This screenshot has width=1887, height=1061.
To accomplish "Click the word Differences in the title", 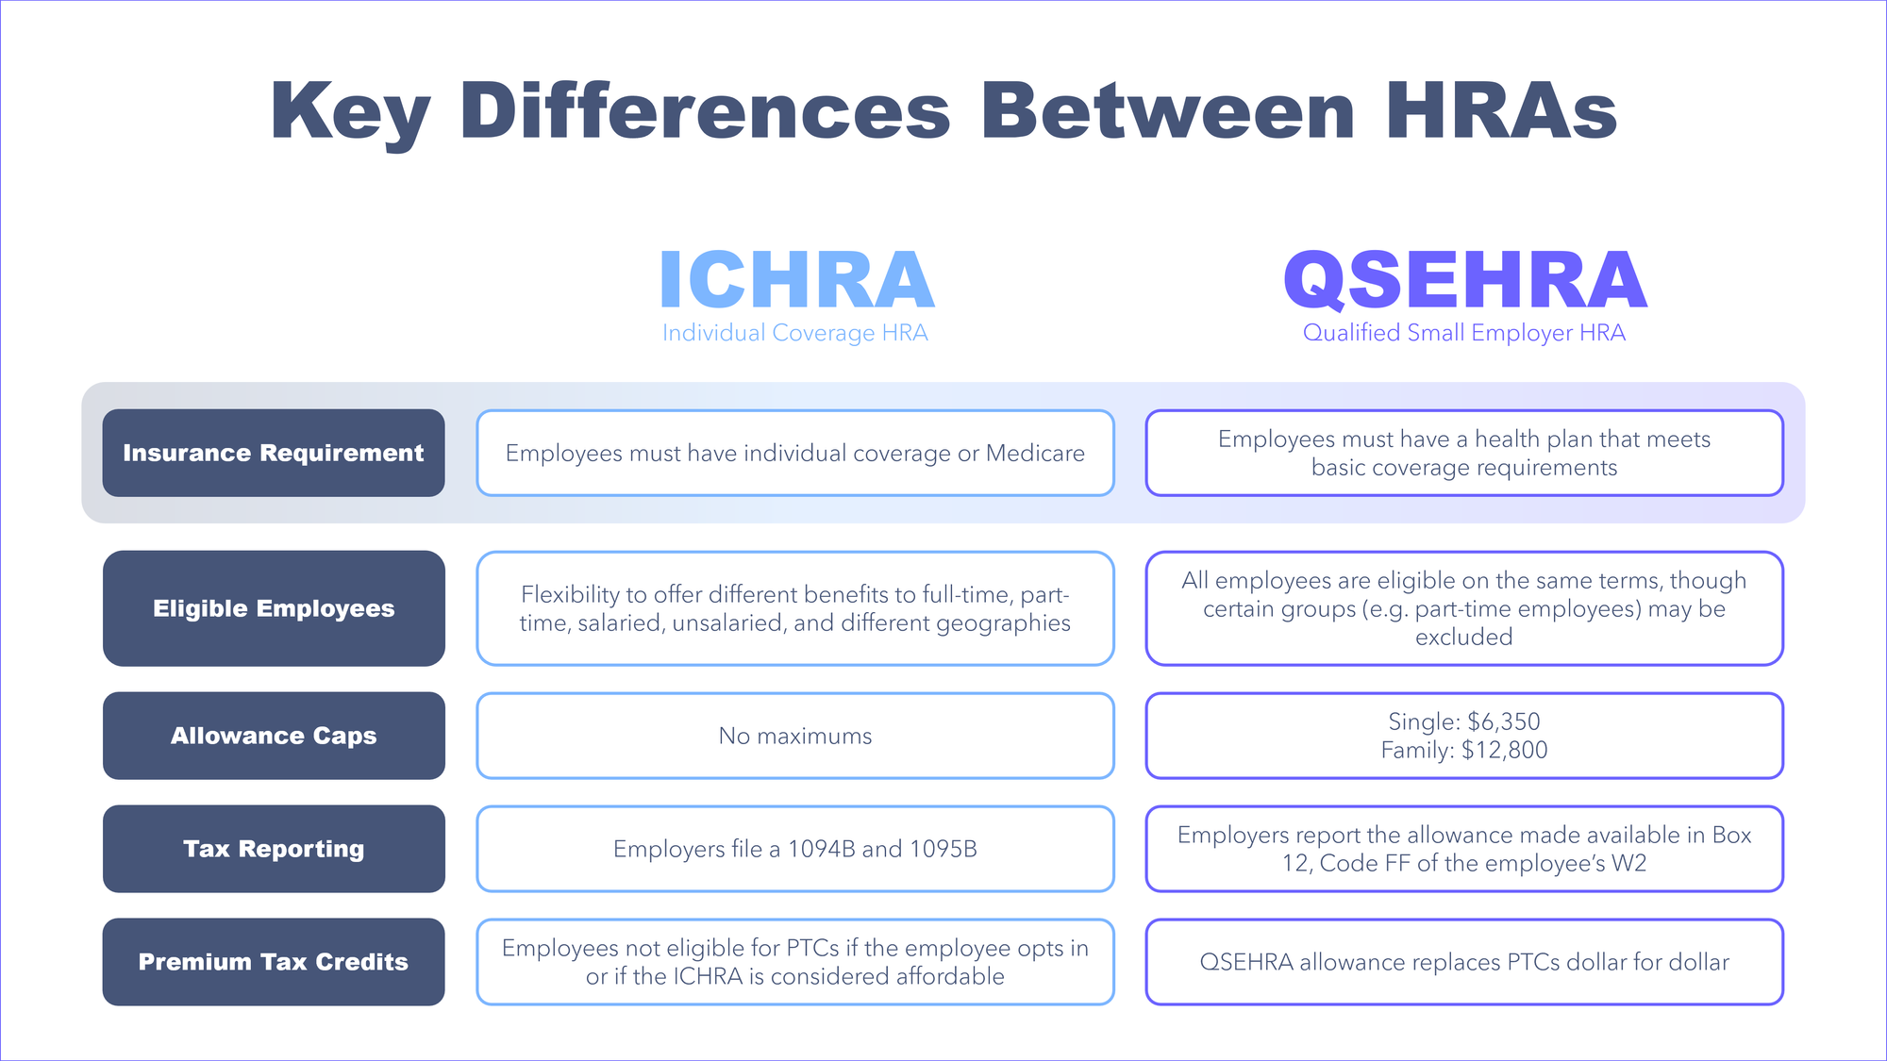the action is (706, 110).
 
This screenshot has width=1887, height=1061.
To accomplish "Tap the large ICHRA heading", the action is (797, 280).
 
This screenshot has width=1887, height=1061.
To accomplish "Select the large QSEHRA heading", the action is (1465, 280).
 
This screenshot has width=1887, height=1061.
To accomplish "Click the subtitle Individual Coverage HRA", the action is (795, 333).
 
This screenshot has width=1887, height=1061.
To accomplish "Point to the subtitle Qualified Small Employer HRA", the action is (1464, 333).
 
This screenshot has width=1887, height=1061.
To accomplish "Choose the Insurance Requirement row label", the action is (274, 453).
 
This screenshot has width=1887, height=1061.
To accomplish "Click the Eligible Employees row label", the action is (274, 608).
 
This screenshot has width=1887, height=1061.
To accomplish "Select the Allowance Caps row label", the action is (274, 736).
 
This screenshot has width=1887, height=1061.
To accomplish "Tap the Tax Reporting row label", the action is (274, 849).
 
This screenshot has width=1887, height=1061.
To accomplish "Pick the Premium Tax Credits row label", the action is (274, 962).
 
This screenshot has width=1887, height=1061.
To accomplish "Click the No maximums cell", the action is (795, 736).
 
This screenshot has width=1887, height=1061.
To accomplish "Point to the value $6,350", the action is (1504, 722).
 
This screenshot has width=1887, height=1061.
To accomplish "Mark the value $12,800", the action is (1505, 751).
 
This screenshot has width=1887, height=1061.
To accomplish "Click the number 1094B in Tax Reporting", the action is (821, 849).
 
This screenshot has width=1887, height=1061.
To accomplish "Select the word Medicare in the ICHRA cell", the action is (1035, 454).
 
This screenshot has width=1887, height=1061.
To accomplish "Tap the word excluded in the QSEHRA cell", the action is (1464, 638).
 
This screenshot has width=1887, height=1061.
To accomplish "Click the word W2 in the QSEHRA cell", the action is (1628, 864).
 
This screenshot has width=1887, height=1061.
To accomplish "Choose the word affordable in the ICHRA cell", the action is (950, 976).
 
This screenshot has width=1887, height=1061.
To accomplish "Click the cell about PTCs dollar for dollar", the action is (1464, 962).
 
